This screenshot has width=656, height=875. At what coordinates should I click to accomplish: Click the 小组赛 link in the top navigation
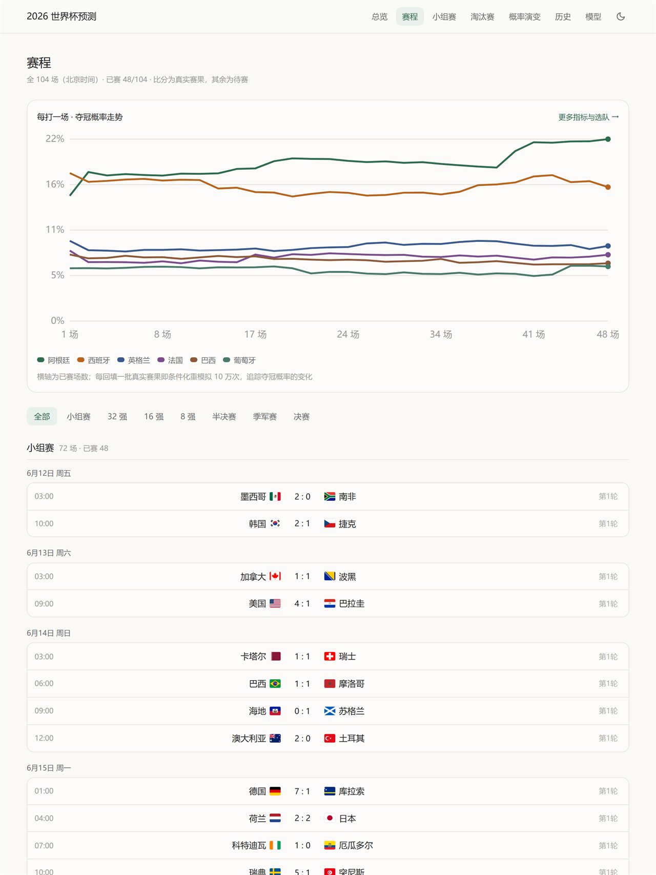coord(444,17)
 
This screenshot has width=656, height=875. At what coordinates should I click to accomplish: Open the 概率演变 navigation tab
coord(524,17)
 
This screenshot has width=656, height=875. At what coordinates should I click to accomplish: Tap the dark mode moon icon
coord(621,16)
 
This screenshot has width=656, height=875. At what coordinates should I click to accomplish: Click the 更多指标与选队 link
coord(588,117)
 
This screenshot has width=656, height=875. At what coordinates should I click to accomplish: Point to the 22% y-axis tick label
coord(55,139)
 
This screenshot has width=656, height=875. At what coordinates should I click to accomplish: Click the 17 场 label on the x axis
coord(255,334)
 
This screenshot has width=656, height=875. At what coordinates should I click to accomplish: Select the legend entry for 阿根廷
coord(54,360)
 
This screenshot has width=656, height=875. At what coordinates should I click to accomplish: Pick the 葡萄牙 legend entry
coord(239,360)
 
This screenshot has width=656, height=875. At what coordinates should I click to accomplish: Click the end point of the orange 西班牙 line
coord(608,187)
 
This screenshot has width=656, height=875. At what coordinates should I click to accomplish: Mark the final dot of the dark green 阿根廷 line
coord(608,139)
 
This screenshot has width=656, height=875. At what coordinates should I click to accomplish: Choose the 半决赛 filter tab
coord(224,417)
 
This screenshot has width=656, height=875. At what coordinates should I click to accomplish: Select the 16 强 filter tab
coord(154,417)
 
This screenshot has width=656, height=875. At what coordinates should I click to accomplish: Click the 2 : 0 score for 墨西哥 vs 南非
coord(302,497)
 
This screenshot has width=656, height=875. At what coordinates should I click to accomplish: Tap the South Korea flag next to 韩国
coord(275,523)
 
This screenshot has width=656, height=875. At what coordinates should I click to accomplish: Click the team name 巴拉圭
coord(352,604)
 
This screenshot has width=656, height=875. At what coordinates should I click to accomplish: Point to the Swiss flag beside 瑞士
coord(330,656)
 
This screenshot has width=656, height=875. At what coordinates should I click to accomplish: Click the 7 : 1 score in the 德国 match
coord(302,791)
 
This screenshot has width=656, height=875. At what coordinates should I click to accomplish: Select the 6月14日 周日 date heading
coord(49,634)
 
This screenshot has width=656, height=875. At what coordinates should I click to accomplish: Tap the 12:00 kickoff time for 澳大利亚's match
coord(44,738)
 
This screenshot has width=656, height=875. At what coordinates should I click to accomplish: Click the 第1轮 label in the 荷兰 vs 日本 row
coord(608,819)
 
